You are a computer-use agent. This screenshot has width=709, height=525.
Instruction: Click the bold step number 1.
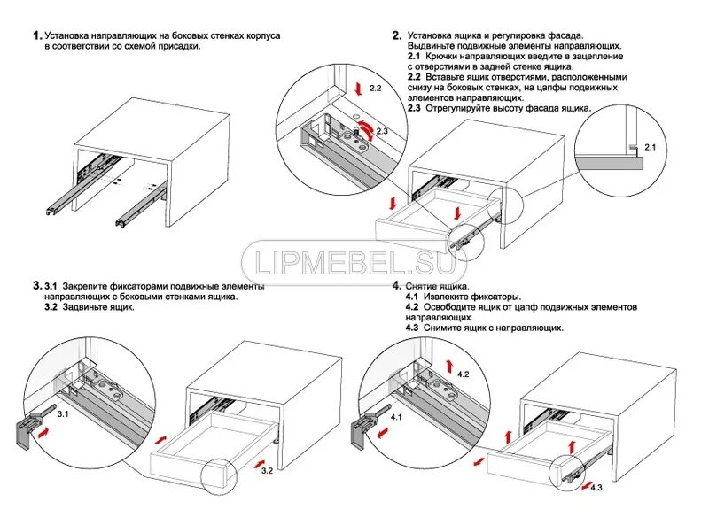click(36, 35)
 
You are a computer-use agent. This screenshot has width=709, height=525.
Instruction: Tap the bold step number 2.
click(396, 35)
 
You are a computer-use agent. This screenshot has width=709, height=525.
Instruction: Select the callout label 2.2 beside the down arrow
click(375, 89)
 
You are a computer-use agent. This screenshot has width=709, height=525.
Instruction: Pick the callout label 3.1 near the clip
click(64, 413)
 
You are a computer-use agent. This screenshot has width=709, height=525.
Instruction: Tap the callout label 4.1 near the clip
click(395, 416)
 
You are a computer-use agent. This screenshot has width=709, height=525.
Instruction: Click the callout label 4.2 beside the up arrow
click(464, 374)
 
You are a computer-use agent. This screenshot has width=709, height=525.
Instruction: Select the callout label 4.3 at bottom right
click(596, 488)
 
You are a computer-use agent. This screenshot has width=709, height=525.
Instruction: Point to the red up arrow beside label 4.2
click(449, 365)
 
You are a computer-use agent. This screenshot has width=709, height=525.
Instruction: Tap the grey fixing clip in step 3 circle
click(27, 429)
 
